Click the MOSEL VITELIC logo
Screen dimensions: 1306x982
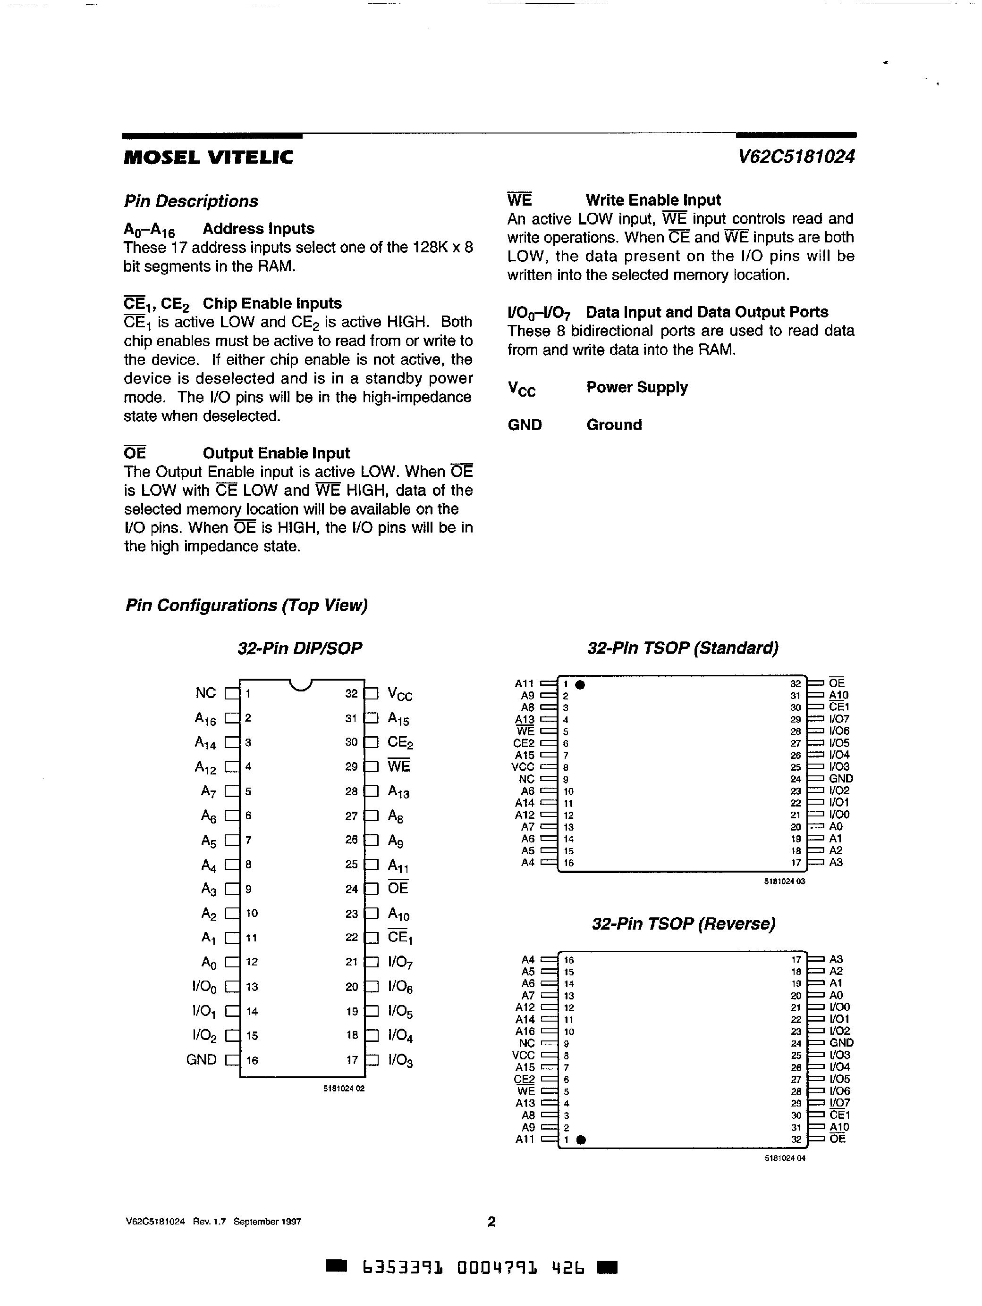tap(208, 157)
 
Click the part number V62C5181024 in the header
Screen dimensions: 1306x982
tap(796, 157)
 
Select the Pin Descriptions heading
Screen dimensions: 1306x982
tap(191, 201)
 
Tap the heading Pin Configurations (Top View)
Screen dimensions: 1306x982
tap(246, 605)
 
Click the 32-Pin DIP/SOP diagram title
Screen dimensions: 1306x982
tap(300, 648)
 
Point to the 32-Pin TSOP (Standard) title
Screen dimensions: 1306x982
tap(682, 648)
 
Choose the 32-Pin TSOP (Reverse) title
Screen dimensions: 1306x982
tap(683, 923)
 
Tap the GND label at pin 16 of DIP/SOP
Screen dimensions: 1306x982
tap(202, 1060)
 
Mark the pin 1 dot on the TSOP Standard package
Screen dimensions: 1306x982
tap(580, 685)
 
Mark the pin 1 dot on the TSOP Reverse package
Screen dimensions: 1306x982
tap(581, 1140)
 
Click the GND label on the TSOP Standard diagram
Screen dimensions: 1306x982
tap(841, 779)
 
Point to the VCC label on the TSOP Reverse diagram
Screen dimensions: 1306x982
tap(523, 1055)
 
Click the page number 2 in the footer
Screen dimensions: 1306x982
tap(491, 1222)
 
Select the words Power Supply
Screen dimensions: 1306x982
tap(637, 387)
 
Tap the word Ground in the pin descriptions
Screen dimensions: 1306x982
tap(614, 425)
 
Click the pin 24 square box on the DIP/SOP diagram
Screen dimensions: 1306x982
tap(372, 889)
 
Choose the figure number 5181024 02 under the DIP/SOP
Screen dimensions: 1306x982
tap(344, 1089)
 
